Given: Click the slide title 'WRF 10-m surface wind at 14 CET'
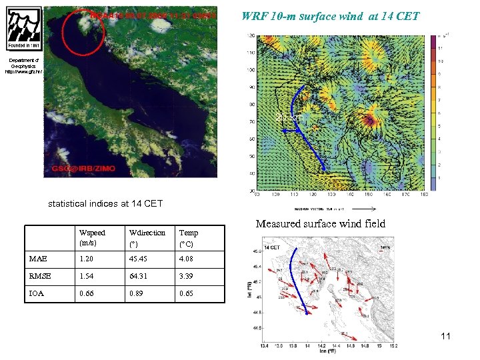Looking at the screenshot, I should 331,15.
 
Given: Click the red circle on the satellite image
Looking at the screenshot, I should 82,33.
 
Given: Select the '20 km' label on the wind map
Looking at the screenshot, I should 289,117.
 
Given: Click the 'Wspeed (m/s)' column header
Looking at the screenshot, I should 92,238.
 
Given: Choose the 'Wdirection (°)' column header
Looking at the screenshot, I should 147,238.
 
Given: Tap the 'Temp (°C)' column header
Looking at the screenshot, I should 189,238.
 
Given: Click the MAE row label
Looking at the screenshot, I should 38,259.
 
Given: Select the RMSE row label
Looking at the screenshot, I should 41,275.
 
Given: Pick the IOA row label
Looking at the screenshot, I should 37,293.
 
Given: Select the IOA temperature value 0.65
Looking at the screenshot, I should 187,293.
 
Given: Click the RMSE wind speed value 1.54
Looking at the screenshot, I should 87,275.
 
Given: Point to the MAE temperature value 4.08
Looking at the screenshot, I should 187,259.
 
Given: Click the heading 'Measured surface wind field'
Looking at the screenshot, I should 320,224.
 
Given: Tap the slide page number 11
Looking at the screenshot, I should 445,336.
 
